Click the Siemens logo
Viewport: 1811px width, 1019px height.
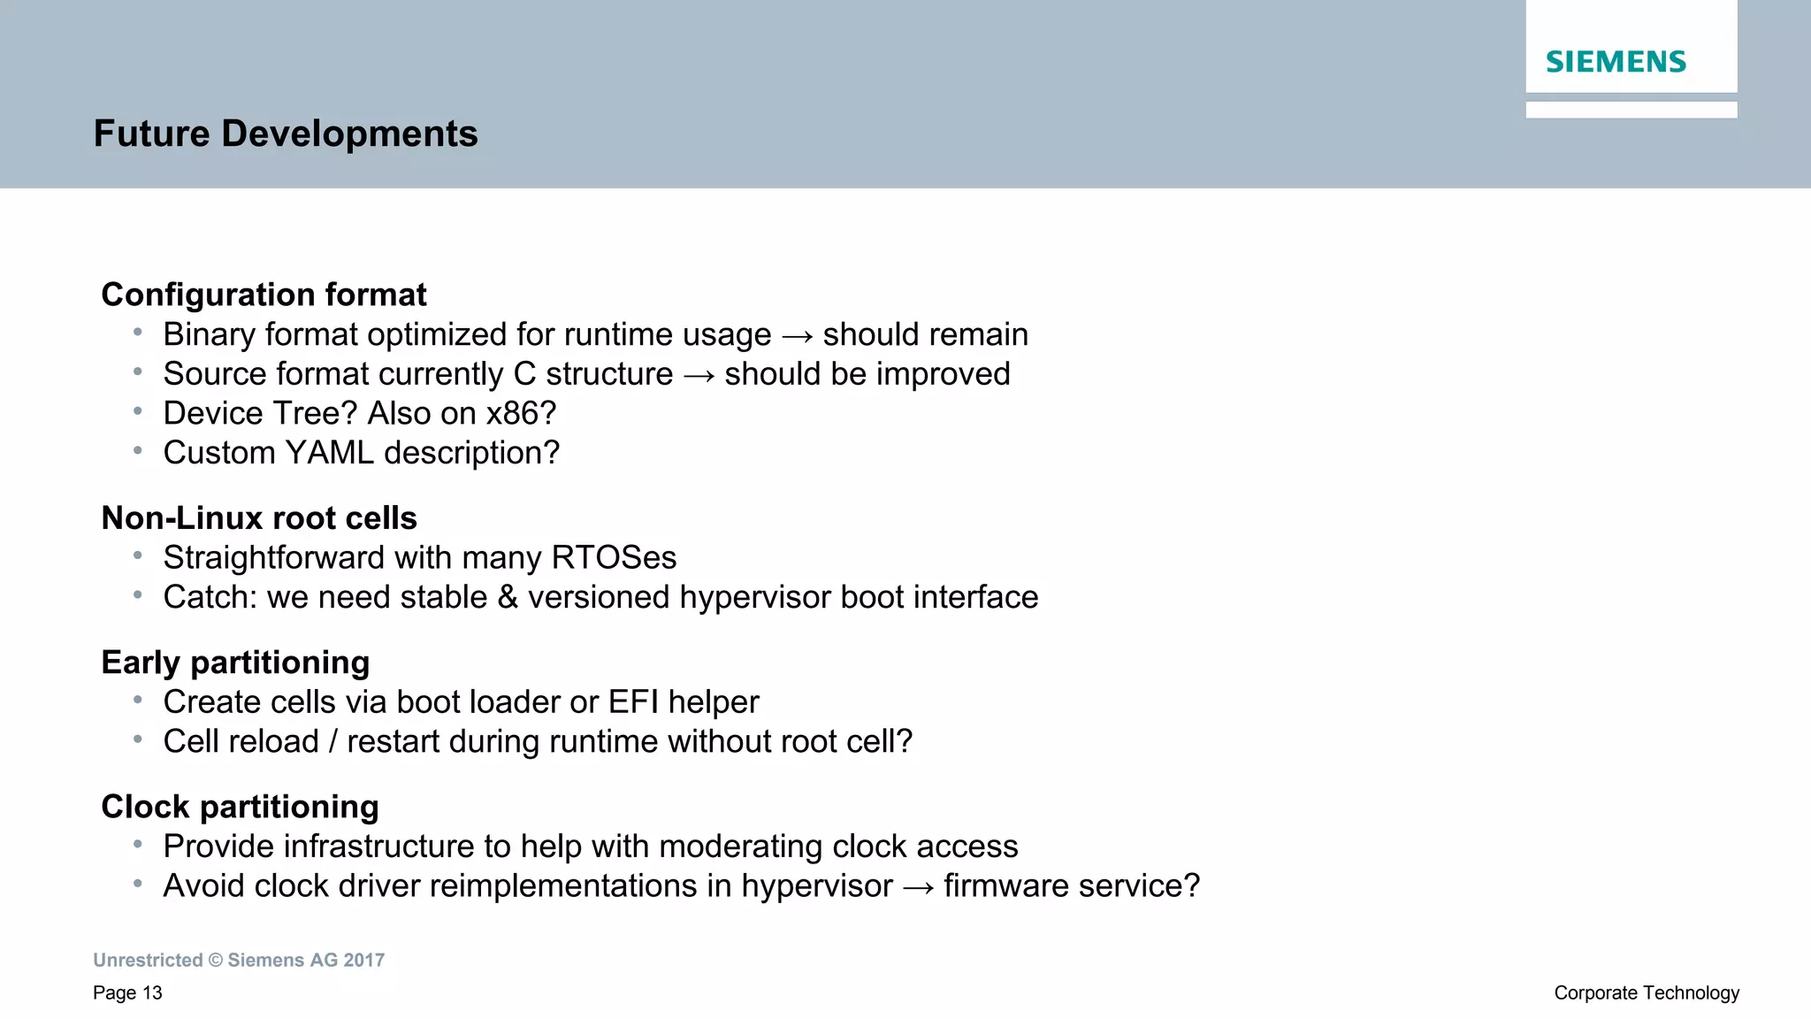(x=1616, y=62)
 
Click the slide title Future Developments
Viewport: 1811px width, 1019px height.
(x=286, y=134)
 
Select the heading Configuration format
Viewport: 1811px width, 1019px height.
(x=264, y=295)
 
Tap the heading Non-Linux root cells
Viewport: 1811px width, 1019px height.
(x=259, y=518)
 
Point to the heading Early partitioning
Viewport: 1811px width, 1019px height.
(x=235, y=663)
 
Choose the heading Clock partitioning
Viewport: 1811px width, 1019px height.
(x=240, y=807)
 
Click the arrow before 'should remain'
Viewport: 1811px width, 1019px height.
(x=797, y=336)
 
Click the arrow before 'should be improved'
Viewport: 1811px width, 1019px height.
(x=699, y=376)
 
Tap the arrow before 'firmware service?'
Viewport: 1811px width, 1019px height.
(x=918, y=887)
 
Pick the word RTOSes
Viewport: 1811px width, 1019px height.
(x=614, y=558)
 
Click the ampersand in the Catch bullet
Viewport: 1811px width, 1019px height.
(x=508, y=598)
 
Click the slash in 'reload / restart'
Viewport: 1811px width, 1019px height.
(x=332, y=742)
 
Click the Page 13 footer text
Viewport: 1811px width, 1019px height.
(x=127, y=993)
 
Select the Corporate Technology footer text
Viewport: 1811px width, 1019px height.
(x=1647, y=993)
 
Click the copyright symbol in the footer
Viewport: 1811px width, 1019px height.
(x=216, y=961)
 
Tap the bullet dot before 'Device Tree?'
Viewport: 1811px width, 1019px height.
(x=138, y=411)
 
